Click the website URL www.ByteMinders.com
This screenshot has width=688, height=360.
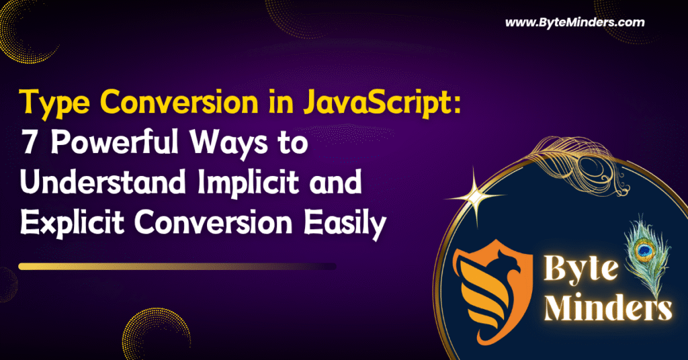[575, 23]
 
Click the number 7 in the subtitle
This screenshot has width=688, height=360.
[28, 142]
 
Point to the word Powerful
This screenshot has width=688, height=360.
[114, 142]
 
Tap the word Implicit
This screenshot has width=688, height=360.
[249, 184]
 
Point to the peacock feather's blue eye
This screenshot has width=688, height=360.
[644, 250]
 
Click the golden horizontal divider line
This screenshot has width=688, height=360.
[177, 266]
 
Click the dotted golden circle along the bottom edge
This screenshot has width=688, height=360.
[156, 334]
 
